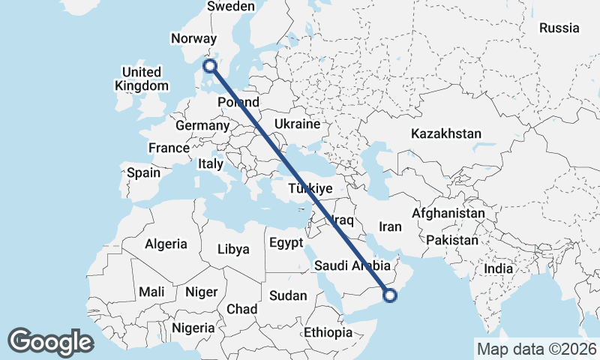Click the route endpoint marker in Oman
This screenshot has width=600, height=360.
pos(390,295)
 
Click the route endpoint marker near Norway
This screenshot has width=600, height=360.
pos(211,66)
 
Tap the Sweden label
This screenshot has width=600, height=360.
pos(231,7)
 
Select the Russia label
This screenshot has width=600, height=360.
pos(559,28)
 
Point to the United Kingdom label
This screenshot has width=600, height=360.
pos(142,79)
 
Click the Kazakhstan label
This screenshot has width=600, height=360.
pos(445,133)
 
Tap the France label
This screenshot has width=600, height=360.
pos(169,148)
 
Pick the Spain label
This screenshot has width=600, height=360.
pos(143,172)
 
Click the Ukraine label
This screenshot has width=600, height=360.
pos(298,124)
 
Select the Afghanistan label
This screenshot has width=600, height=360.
pos(448,214)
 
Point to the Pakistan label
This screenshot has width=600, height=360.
pos(452,241)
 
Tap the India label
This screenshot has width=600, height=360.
pos(498,268)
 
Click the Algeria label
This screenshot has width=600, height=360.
pos(166,244)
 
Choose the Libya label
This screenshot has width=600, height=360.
pos(232,250)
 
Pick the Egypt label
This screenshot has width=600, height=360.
pos(286,243)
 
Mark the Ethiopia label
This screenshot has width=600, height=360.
pos(328,332)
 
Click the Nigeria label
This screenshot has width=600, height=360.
pos(193,328)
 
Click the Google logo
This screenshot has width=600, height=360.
pos(50,342)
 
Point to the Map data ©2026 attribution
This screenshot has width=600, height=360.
pos(536,349)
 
